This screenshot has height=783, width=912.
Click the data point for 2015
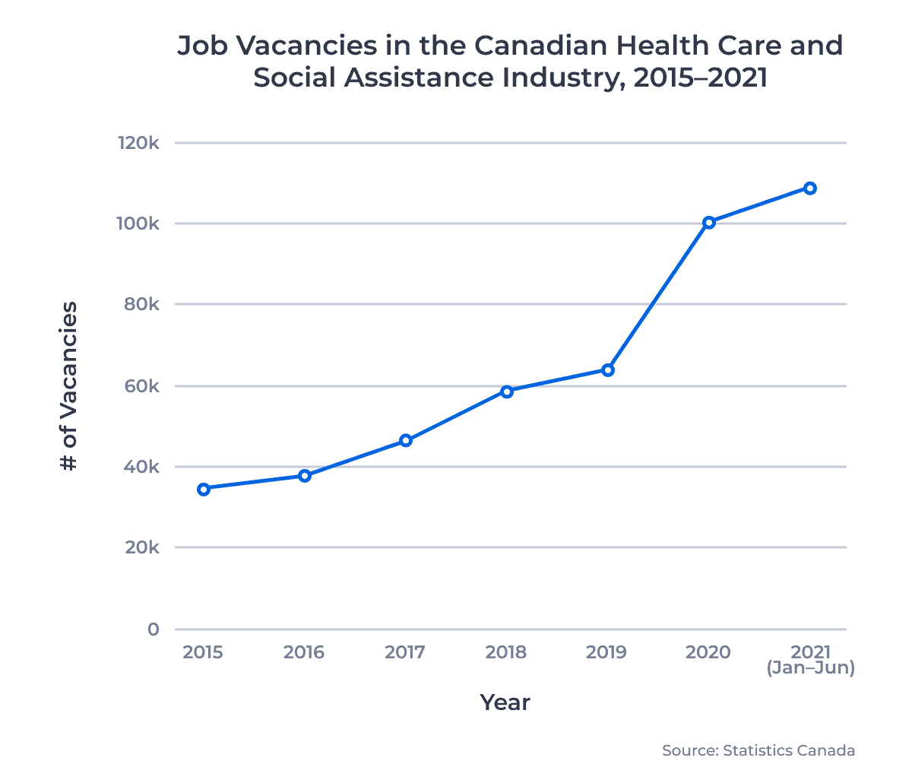coord(204,489)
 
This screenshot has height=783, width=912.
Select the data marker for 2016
coord(305,476)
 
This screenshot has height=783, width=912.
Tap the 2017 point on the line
coord(406,440)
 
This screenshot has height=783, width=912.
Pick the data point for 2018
coord(507,391)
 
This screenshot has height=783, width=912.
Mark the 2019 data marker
coord(608,370)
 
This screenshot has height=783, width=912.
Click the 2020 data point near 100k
coord(709,223)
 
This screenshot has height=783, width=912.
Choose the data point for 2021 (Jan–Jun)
coord(810,189)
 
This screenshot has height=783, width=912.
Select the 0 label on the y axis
coord(154,629)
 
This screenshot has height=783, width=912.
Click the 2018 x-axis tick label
coord(506,652)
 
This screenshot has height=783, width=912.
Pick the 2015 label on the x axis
coord(203,652)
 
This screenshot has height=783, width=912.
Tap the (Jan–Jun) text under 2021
coord(811,668)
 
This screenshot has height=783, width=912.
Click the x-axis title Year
coord(505,702)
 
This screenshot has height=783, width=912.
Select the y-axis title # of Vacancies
coord(68,386)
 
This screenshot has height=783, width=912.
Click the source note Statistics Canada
coord(788,751)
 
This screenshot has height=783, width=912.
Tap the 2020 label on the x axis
coord(708,652)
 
